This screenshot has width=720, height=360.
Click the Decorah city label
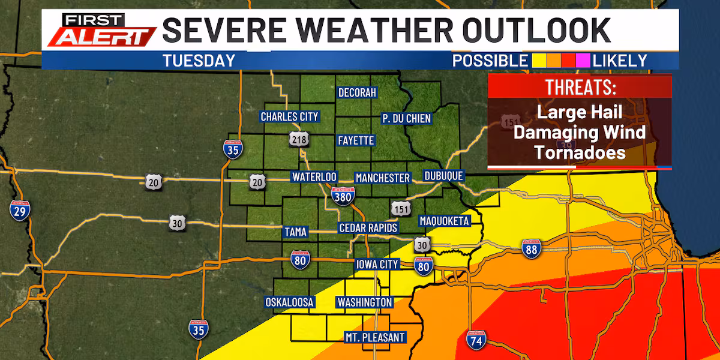(357, 93)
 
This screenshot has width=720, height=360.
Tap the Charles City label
(289, 116)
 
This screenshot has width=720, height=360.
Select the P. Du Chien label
(406, 118)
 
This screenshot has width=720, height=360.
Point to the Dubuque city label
(443, 176)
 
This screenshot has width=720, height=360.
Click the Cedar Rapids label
(368, 228)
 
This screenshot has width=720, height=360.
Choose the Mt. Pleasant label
(374, 337)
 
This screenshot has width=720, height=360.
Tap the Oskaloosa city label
(289, 302)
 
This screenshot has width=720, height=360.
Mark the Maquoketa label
(443, 221)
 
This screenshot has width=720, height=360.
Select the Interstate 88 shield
(530, 249)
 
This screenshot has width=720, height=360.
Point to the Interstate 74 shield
(476, 340)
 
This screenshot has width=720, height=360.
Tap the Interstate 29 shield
(20, 211)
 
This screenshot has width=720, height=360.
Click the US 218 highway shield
(299, 140)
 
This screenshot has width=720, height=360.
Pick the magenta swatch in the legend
(583, 61)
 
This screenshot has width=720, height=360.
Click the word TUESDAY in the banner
(198, 61)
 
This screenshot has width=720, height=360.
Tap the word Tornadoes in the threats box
(580, 152)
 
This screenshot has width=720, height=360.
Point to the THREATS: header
(580, 87)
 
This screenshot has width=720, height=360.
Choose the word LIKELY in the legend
(620, 61)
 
